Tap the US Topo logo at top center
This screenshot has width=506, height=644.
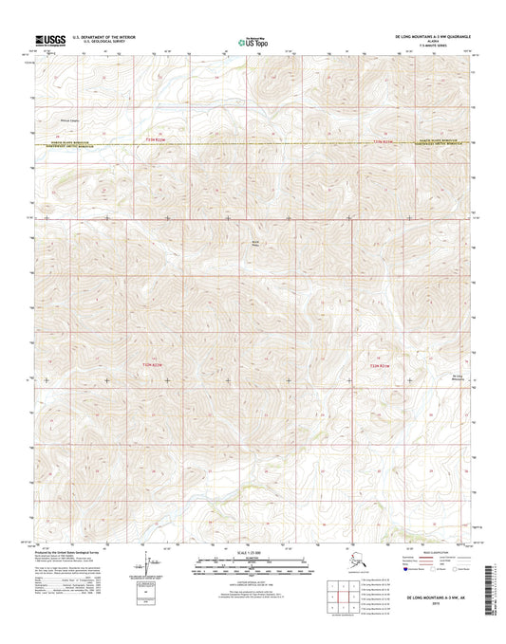[x=253, y=42]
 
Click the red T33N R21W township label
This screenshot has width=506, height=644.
[x=383, y=140]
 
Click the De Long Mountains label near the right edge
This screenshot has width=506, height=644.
[x=457, y=377]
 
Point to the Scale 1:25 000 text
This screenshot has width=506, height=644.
[x=253, y=555]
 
